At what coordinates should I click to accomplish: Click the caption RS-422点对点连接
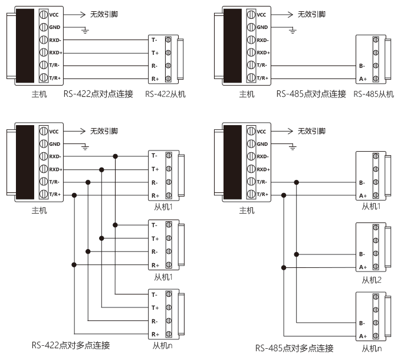pyautogui.click(x=98, y=94)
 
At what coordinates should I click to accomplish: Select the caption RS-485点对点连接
pyautogui.click(x=311, y=94)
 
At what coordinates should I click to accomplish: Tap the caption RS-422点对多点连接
pyautogui.click(x=71, y=345)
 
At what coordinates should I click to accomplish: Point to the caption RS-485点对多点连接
pyautogui.click(x=294, y=348)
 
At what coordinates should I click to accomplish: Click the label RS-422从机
pyautogui.click(x=166, y=94)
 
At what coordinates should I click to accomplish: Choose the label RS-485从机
pyautogui.click(x=374, y=94)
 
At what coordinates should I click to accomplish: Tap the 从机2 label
pyautogui.click(x=372, y=280)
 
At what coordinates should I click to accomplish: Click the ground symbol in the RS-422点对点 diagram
pyautogui.click(x=85, y=31)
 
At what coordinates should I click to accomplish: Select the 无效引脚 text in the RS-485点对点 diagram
pyautogui.click(x=311, y=14)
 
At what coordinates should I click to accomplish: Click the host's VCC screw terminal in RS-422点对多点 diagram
pyautogui.click(x=44, y=131)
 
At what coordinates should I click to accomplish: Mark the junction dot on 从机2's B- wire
pyautogui.click(x=297, y=254)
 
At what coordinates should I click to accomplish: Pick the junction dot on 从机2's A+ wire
pyautogui.click(x=284, y=267)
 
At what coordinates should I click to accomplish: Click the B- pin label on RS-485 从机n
pyautogui.click(x=362, y=323)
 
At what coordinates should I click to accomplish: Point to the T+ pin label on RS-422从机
pyautogui.click(x=155, y=53)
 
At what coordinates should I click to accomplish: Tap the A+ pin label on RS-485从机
pyautogui.click(x=363, y=79)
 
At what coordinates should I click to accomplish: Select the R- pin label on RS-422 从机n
pyautogui.click(x=155, y=321)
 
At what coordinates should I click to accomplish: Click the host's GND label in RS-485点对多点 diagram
pyautogui.click(x=262, y=144)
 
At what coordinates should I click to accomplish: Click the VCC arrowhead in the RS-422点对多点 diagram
pyautogui.click(x=83, y=131)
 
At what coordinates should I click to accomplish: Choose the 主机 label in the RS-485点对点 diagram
pyautogui.click(x=246, y=94)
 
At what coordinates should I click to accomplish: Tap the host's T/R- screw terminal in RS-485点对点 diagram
pyautogui.click(x=251, y=65)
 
